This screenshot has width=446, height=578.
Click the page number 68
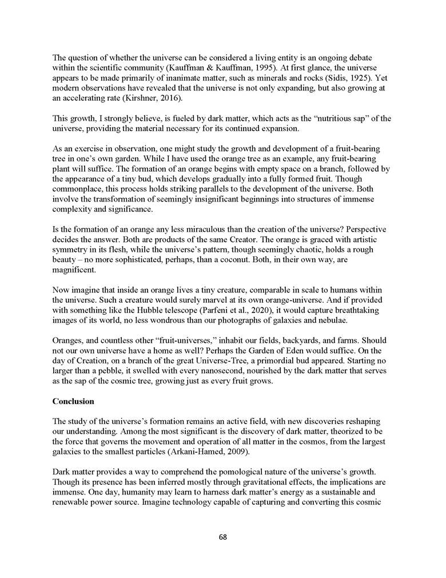(x=223, y=537)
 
